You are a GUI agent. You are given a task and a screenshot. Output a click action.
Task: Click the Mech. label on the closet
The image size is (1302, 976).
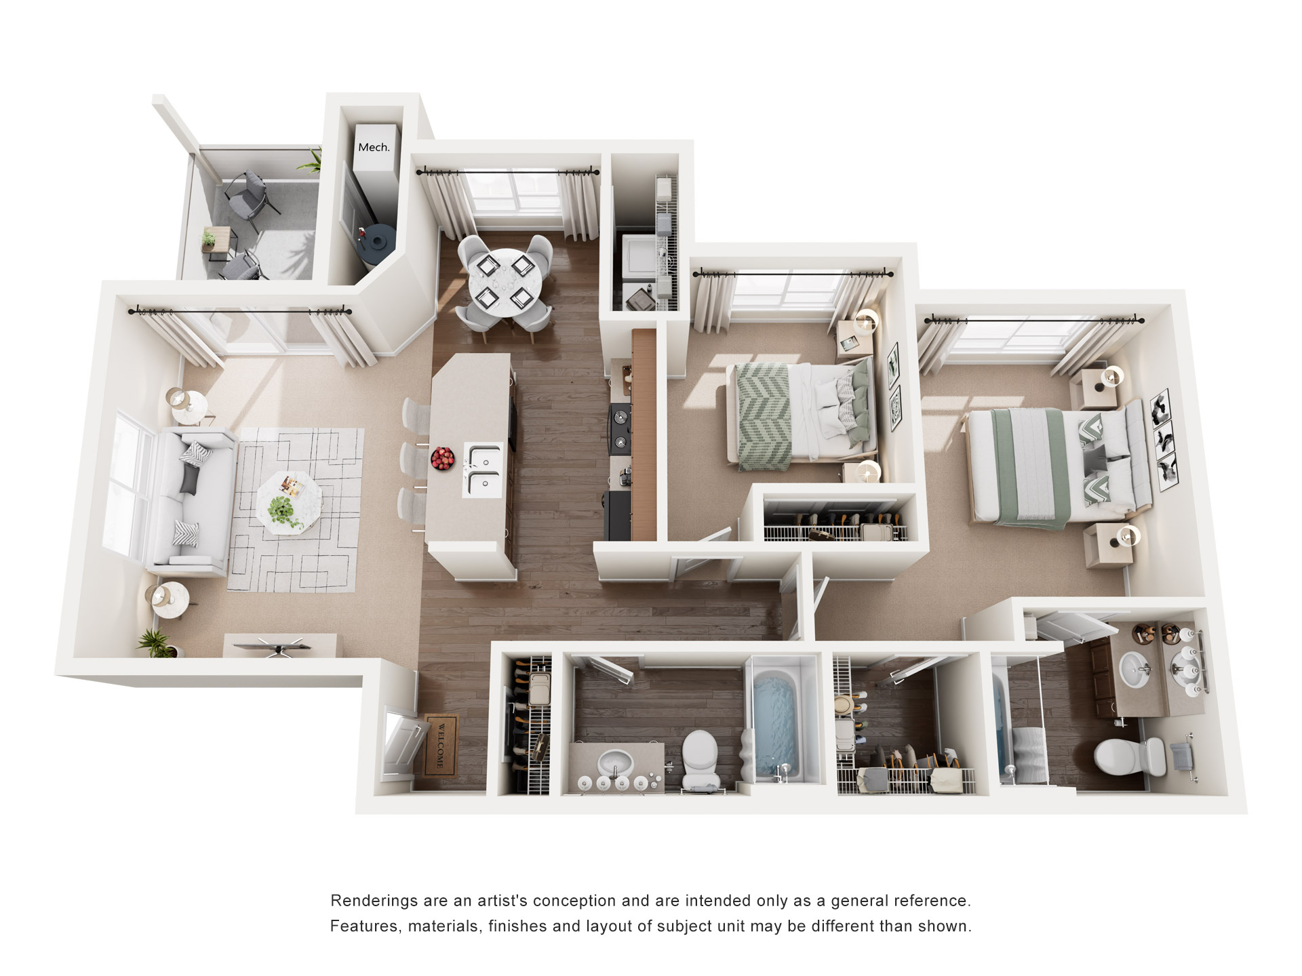(x=374, y=147)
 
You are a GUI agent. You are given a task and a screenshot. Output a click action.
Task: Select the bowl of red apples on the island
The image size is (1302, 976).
(x=443, y=459)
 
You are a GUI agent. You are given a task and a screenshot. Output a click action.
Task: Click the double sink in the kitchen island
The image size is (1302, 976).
(x=484, y=468)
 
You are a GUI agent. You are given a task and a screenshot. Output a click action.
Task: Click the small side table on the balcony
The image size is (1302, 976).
(x=218, y=243)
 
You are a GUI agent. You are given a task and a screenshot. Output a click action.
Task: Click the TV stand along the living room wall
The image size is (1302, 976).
(x=279, y=645)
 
